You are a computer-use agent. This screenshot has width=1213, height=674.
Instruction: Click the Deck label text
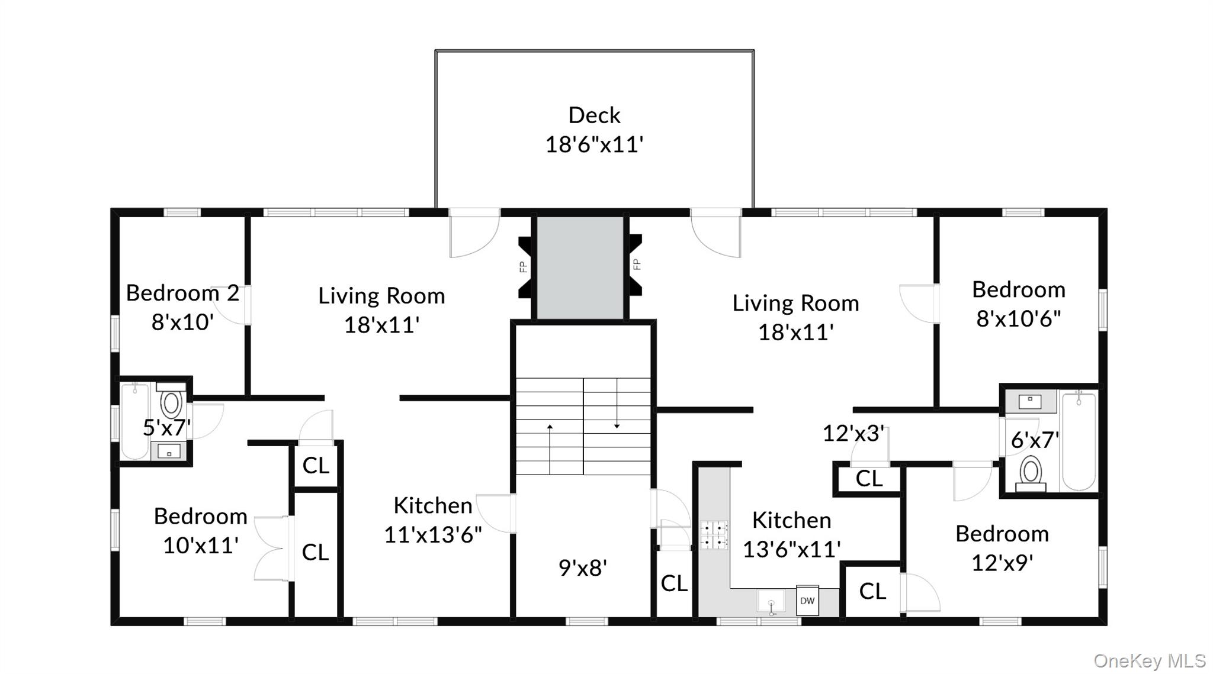(x=594, y=115)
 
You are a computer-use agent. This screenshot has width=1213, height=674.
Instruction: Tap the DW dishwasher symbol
(x=807, y=601)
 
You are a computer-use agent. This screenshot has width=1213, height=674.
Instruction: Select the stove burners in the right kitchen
(x=714, y=534)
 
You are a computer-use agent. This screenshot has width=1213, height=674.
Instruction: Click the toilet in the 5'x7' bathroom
(x=171, y=402)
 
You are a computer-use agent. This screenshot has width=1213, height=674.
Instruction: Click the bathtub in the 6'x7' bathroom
(x=1079, y=440)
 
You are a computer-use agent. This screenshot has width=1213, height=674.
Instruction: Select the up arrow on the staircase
(x=550, y=449)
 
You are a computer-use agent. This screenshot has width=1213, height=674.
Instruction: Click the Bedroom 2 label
(x=182, y=293)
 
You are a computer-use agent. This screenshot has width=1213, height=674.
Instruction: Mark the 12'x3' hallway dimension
(x=853, y=433)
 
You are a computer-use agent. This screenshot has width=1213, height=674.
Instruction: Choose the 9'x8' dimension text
(x=583, y=568)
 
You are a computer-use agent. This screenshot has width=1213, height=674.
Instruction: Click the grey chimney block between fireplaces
(x=580, y=267)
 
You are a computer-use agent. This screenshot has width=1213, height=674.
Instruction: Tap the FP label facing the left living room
(x=523, y=267)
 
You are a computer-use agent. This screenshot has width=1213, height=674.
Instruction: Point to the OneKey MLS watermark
(x=1150, y=660)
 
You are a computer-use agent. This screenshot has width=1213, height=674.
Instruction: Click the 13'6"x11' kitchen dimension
(x=791, y=549)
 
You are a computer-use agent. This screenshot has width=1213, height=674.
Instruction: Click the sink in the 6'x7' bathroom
(x=1030, y=401)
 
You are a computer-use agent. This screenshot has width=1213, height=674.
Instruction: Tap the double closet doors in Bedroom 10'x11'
(x=271, y=548)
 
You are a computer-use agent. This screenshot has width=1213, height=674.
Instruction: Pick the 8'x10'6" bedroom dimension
(x=1018, y=318)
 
